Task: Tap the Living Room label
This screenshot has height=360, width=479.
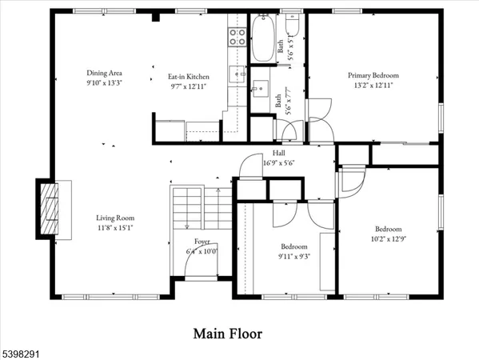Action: pyautogui.click(x=116, y=218)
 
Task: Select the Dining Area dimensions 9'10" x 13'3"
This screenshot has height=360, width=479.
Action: pyautogui.click(x=105, y=82)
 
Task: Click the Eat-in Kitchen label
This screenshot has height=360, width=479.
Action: pyautogui.click(x=188, y=76)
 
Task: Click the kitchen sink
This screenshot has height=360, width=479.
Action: pyautogui.click(x=237, y=74)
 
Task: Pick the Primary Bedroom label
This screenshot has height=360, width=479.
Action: pyautogui.click(x=373, y=75)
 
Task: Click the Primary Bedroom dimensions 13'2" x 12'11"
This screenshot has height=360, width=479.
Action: pyautogui.click(x=373, y=84)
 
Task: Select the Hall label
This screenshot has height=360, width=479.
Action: pyautogui.click(x=278, y=154)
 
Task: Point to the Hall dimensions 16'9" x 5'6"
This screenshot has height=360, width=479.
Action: pyautogui.click(x=278, y=162)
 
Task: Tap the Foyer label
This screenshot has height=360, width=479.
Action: pyautogui.click(x=202, y=242)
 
